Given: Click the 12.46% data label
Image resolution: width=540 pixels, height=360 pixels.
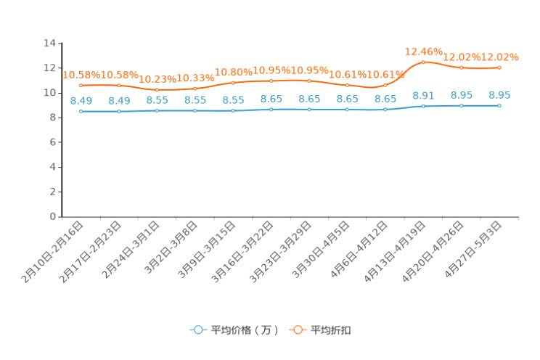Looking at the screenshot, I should (x=423, y=52).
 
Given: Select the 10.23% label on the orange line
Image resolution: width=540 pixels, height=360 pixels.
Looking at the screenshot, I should (x=157, y=80).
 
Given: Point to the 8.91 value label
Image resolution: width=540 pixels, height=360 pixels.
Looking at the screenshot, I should (x=423, y=95).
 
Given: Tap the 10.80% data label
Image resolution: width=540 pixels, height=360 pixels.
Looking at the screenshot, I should (x=233, y=73).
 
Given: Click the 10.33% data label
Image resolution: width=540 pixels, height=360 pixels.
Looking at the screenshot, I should (x=195, y=78).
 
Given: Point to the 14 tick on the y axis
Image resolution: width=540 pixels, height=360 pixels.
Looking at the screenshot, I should (x=50, y=44).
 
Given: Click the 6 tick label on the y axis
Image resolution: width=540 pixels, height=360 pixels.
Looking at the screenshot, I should (x=53, y=142).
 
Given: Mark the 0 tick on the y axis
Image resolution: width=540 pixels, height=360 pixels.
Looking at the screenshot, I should (x=53, y=216).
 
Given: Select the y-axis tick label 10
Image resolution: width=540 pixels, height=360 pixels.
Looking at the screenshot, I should (x=50, y=93).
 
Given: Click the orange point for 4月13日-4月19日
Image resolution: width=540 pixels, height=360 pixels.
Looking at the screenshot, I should (x=423, y=62).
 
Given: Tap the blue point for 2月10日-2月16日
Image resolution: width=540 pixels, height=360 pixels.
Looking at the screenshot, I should (x=81, y=111).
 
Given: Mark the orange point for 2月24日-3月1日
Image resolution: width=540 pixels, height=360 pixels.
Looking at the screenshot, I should (x=157, y=90).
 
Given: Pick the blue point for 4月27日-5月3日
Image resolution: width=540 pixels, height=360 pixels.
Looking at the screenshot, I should (x=499, y=105).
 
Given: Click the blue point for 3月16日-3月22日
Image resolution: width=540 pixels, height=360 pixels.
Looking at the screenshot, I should (x=271, y=110).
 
